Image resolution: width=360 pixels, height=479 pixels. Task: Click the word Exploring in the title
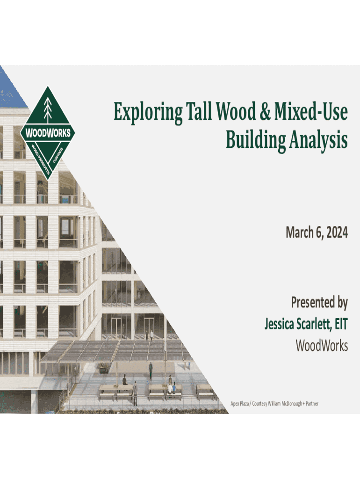point(148,112)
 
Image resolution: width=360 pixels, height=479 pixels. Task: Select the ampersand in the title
point(265,111)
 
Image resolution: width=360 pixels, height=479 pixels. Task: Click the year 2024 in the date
point(337,232)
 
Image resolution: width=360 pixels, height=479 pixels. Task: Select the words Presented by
point(319,303)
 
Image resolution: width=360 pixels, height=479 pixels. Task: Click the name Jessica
point(281,324)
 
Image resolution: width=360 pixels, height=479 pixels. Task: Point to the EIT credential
point(341,324)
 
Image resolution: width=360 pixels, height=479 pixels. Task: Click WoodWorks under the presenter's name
point(322,346)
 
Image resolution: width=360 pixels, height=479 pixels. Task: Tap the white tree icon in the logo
point(48,109)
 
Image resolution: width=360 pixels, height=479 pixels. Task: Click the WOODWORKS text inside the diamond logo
point(48,133)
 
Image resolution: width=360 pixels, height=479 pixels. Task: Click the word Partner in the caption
point(312,404)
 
